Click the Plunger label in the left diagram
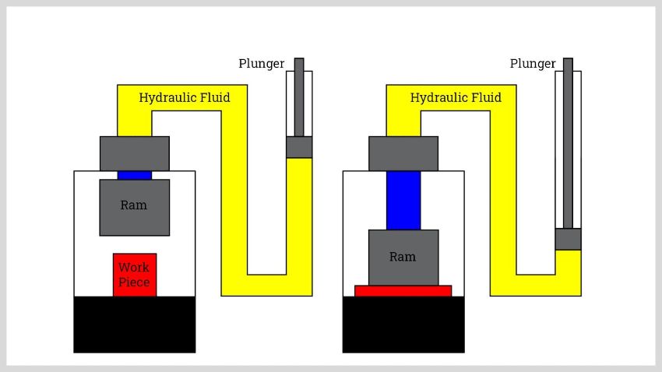coord(261,64)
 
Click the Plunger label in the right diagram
coord(533,64)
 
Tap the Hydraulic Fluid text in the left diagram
coord(185,98)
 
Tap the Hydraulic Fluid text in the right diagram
coord(456,98)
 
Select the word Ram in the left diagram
coord(134,205)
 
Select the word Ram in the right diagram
coord(403,257)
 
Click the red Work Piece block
coord(135,275)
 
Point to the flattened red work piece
coord(403,291)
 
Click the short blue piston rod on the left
coord(134,175)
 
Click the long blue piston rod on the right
coord(403,200)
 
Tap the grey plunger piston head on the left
coord(299,147)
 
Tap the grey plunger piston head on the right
coord(568,239)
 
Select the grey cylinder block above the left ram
coord(134,153)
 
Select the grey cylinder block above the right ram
coord(403,153)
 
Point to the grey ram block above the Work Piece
coord(134,222)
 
